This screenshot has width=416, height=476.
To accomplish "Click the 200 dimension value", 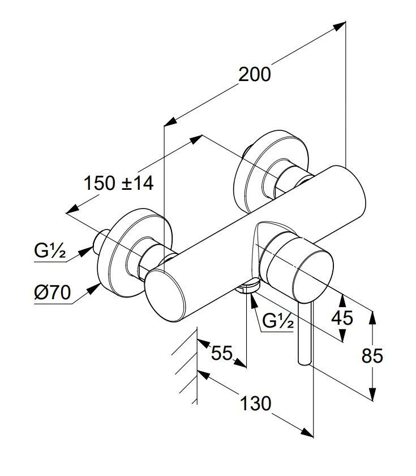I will [254, 74].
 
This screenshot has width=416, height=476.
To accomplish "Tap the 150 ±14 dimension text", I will [119, 183].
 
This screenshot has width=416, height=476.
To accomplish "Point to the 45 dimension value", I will [342, 317].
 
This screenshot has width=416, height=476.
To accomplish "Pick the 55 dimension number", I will [222, 353].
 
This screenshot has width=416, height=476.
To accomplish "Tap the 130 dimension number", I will [255, 403].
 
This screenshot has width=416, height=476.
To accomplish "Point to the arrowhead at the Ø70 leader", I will [93, 289].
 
